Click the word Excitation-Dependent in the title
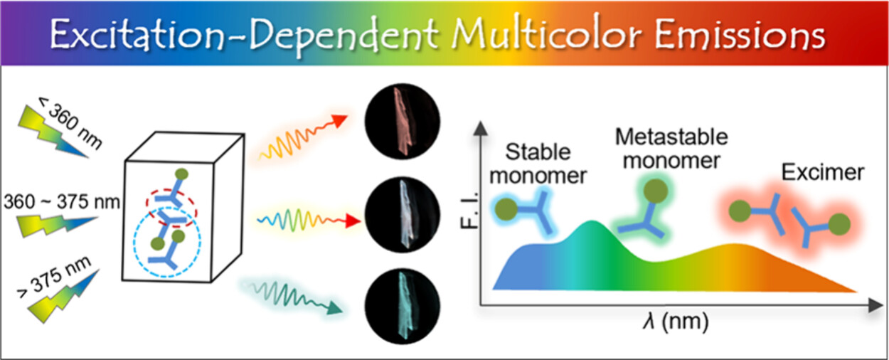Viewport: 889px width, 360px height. [244, 35]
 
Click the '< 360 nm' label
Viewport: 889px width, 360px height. [70, 123]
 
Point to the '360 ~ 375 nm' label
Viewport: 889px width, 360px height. [61, 201]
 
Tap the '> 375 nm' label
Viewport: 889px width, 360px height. [54, 277]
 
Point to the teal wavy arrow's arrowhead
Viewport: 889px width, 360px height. [334, 308]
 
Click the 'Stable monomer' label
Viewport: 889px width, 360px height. [538, 164]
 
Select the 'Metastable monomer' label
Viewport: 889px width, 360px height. [671, 149]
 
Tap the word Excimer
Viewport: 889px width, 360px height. [823, 173]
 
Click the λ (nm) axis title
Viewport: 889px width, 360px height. [676, 322]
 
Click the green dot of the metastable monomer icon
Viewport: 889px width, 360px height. [656, 191]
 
